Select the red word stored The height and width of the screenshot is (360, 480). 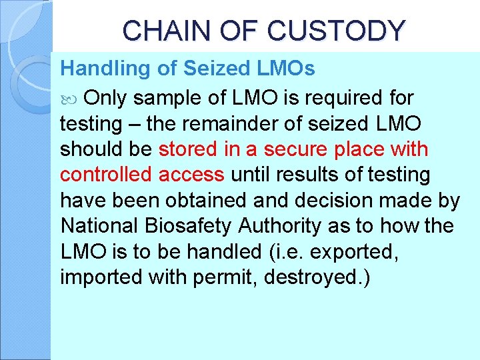[186, 149]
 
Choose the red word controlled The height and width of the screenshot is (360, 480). [107, 175]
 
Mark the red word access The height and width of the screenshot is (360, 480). [193, 175]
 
